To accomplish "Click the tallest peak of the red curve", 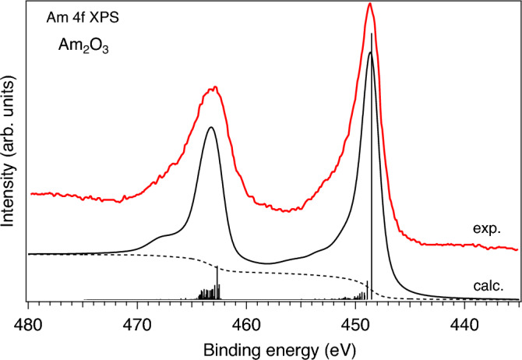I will pos(370,4).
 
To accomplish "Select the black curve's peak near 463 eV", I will pos(210,127).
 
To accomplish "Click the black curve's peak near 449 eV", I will pos(370,52).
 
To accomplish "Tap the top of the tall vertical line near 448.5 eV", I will pos(372,34).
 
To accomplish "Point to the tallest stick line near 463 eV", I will pos(217,266).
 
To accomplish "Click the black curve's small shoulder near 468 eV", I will pos(162,235).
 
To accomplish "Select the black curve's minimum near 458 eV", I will pos(268,263).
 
